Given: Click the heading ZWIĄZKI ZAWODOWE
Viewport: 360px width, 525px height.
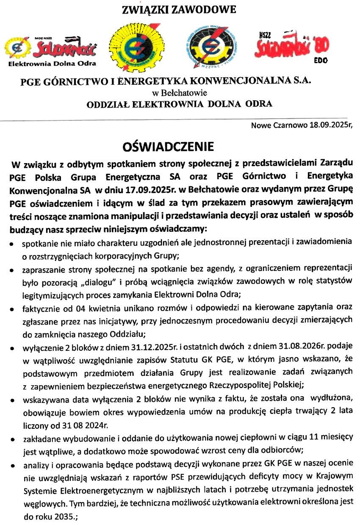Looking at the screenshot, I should click(x=178, y=9).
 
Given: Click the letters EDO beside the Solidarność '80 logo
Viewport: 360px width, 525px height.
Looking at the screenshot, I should click(x=321, y=61).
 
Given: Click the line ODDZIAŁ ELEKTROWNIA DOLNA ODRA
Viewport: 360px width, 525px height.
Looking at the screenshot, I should click(x=179, y=103).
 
